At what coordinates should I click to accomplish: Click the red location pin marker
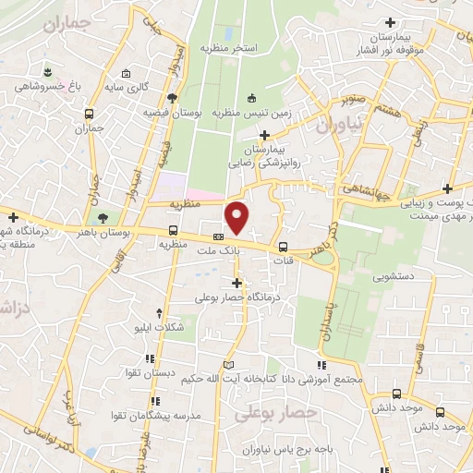click(237, 218)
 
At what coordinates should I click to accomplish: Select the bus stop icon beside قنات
click(283, 247)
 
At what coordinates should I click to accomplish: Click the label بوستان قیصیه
click(173, 112)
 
